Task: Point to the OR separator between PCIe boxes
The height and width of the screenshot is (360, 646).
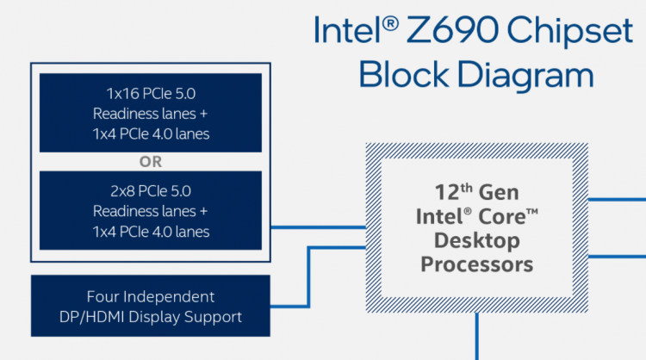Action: [x=151, y=160]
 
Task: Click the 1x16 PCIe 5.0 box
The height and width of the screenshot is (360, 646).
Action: [x=151, y=112]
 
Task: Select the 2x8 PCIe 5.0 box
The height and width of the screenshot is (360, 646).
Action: [x=151, y=210]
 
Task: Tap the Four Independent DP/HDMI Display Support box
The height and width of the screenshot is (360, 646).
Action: [x=151, y=307]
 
